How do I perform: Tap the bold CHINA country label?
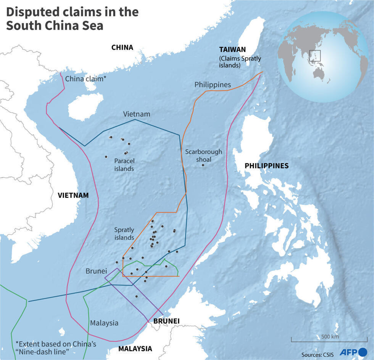[122, 48]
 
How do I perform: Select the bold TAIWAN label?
[232, 50]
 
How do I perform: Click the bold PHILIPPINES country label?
[266, 166]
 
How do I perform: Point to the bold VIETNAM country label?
[73, 195]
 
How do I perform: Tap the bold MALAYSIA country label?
[135, 349]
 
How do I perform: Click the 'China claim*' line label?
[86, 79]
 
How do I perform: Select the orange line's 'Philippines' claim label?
[213, 85]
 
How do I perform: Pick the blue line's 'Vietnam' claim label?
[137, 114]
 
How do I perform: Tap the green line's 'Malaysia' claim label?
[104, 323]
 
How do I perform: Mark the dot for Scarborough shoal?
[203, 165]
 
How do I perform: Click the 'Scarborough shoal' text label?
[203, 155]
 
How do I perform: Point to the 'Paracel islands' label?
[124, 165]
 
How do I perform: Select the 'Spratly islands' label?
[124, 233]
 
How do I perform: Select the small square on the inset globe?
[314, 56]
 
